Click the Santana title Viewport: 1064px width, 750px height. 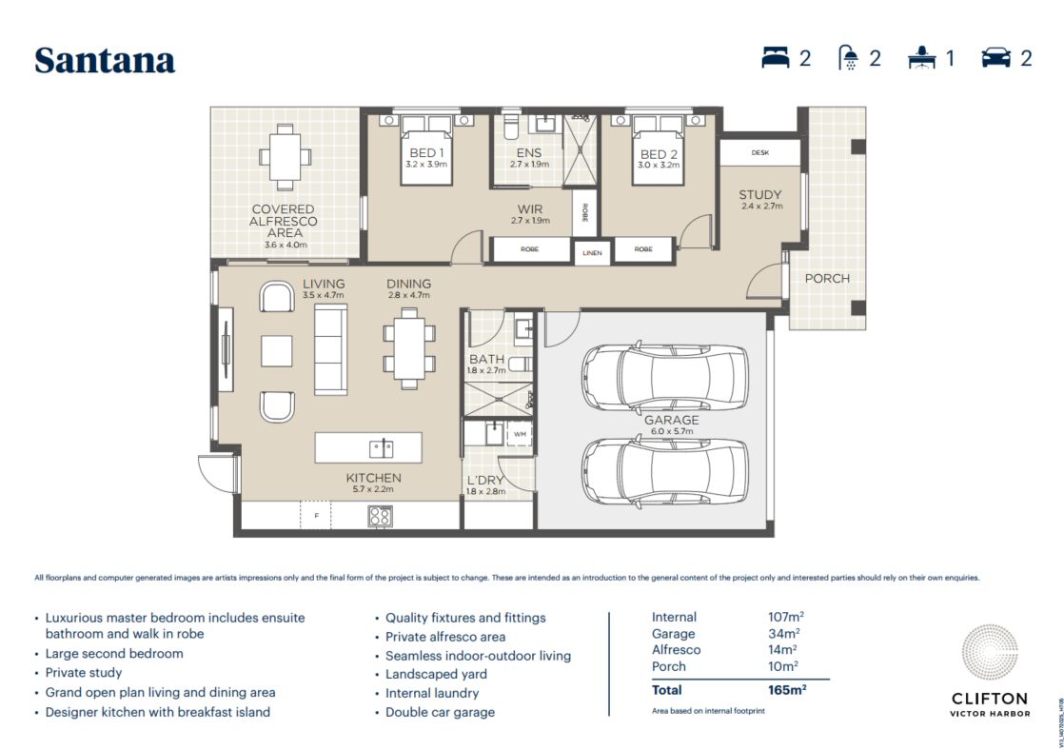point(106,60)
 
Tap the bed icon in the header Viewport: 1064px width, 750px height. point(775,58)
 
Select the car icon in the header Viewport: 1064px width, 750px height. point(995,58)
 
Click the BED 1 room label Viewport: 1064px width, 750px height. point(426,153)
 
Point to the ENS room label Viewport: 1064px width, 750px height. point(528,153)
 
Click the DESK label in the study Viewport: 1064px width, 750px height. point(760,152)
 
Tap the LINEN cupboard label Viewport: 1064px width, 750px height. point(592,253)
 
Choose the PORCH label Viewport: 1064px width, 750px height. point(826,278)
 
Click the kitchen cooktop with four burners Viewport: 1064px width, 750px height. point(380,517)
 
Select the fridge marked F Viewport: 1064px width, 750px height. point(316,515)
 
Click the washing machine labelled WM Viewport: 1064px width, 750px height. point(520,434)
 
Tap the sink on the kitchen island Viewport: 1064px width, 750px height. point(381,448)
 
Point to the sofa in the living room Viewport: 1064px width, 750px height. point(330,349)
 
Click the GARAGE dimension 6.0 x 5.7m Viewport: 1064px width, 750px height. point(672,432)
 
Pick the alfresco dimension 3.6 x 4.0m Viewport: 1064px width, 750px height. point(285,245)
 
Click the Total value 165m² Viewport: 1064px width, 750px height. point(787,690)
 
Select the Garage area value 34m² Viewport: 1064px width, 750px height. point(784,633)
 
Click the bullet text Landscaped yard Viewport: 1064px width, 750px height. point(436,674)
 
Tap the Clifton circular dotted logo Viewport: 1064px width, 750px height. point(990,652)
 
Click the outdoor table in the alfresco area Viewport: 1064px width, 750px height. point(285,157)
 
